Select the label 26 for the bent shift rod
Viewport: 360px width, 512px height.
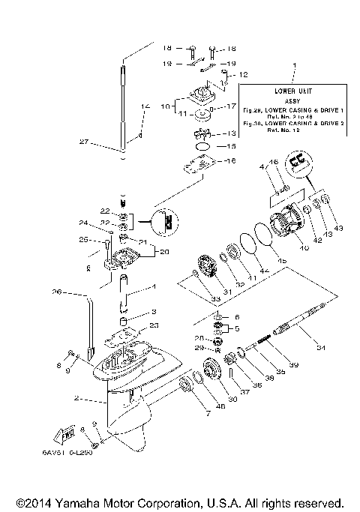[x=58, y=292]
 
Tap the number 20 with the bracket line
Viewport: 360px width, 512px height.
[x=165, y=251]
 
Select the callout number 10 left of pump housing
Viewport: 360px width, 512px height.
[x=166, y=107]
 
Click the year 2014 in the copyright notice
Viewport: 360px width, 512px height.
[x=40, y=501]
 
